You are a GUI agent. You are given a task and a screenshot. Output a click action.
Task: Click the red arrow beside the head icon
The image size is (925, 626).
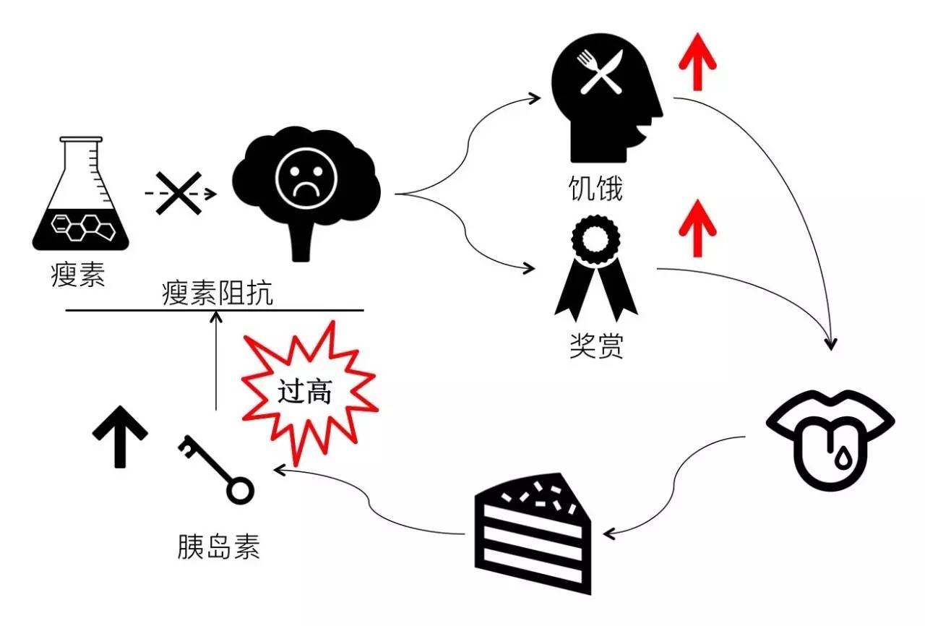pyautogui.click(x=697, y=64)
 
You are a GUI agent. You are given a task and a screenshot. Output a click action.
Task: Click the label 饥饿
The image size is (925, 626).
pyautogui.click(x=594, y=189)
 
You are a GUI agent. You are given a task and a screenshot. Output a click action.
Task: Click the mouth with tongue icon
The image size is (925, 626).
pyautogui.click(x=830, y=437)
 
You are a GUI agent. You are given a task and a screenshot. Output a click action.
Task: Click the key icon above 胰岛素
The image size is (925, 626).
pyautogui.click(x=215, y=470)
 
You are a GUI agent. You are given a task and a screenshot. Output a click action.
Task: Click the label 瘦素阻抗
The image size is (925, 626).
pyautogui.click(x=217, y=293)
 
